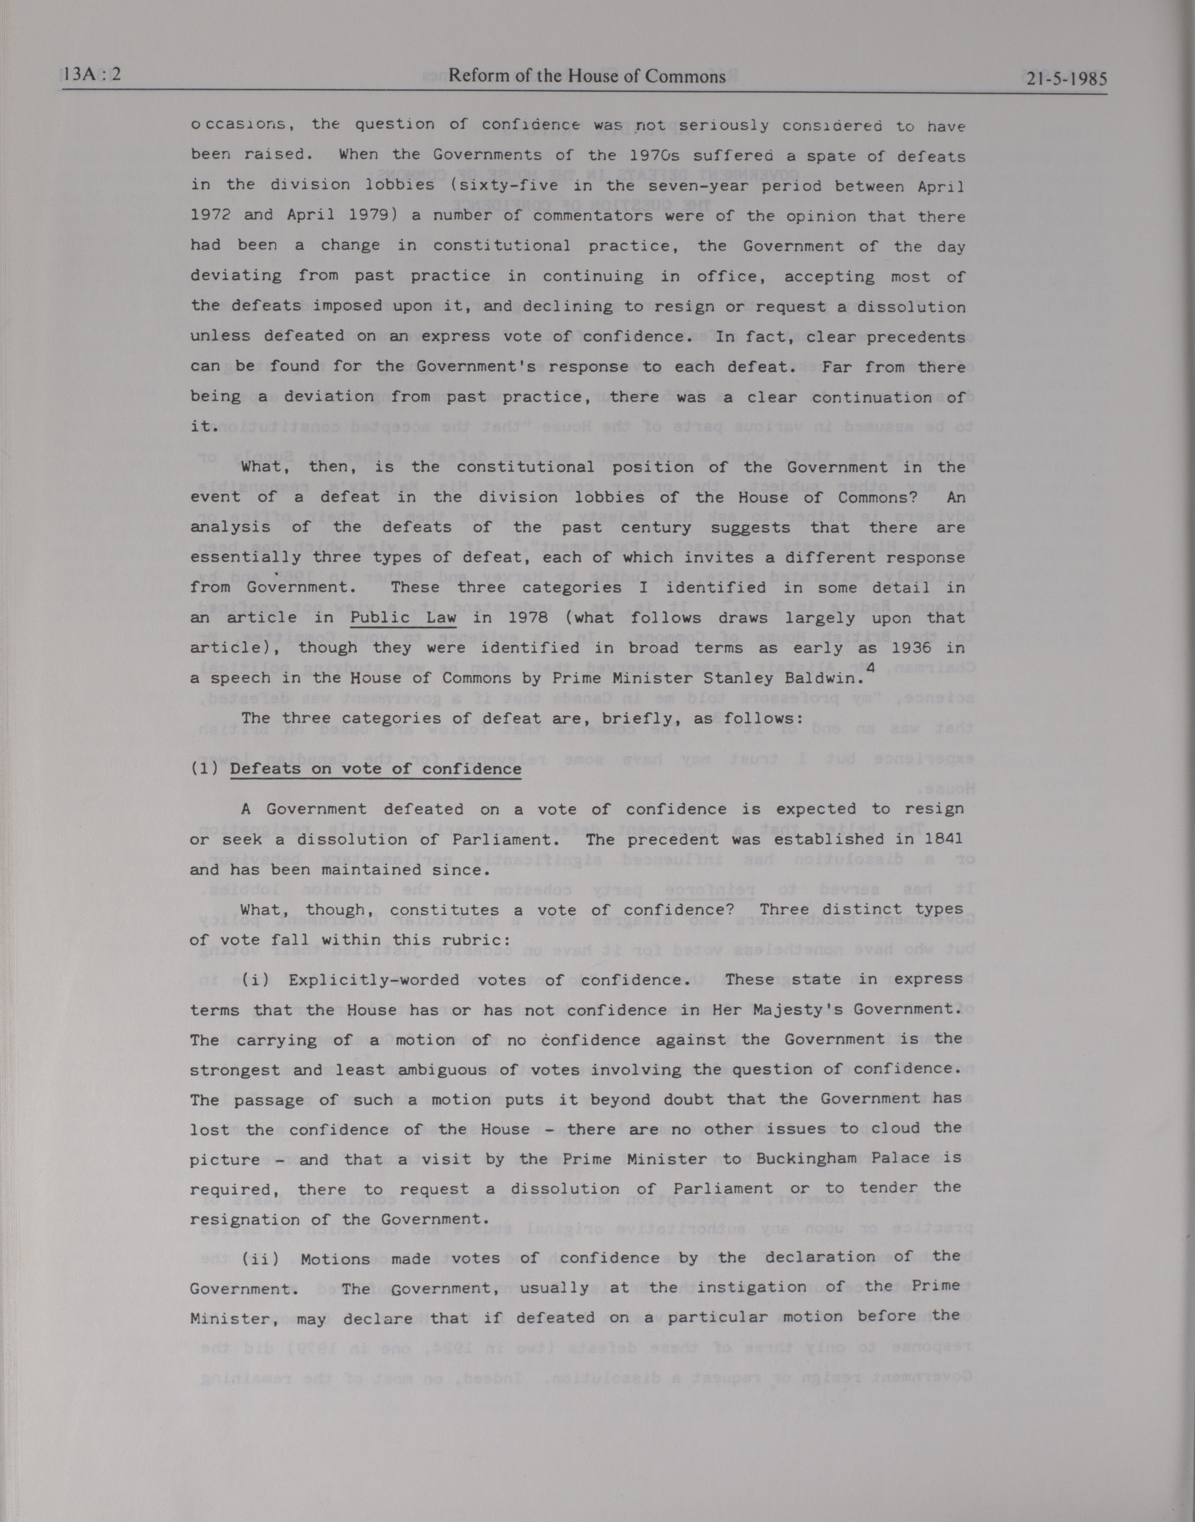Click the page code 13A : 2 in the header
point(91,75)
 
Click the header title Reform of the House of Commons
point(587,76)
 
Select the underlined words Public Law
point(403,618)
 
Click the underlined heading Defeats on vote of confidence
point(376,769)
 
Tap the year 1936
point(907,648)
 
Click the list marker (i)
point(260,979)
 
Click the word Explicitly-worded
point(374,979)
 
